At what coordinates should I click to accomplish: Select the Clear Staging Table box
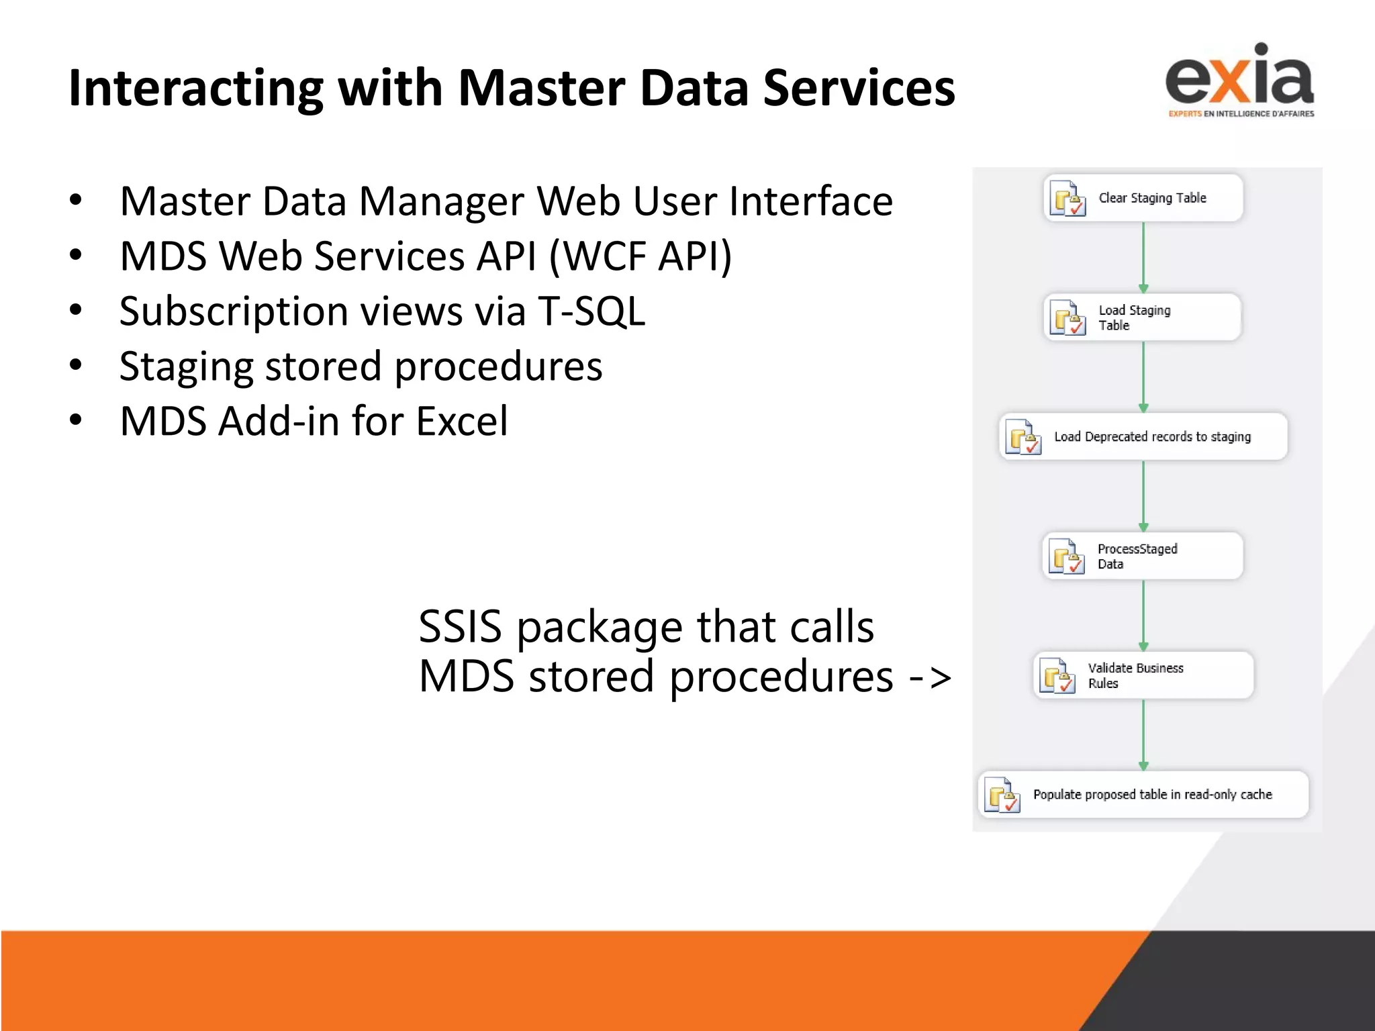click(1143, 198)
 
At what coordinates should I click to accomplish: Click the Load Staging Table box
click(1143, 317)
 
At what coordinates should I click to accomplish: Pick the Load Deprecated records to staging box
click(1143, 437)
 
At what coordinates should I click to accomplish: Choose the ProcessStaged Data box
click(1143, 556)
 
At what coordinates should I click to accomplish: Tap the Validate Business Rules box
click(1143, 675)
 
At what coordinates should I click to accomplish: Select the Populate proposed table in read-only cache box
click(1143, 795)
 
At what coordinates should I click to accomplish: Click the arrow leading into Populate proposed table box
click(1143, 735)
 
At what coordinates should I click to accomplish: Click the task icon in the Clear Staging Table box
click(1068, 199)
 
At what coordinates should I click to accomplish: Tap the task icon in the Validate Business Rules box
click(1057, 676)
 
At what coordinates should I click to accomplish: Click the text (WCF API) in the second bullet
click(641, 257)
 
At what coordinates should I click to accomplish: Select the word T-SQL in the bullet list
click(591, 311)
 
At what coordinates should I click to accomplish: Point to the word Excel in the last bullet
click(462, 422)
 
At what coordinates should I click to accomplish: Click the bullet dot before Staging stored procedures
click(76, 365)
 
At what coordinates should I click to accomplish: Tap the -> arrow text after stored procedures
click(930, 677)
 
